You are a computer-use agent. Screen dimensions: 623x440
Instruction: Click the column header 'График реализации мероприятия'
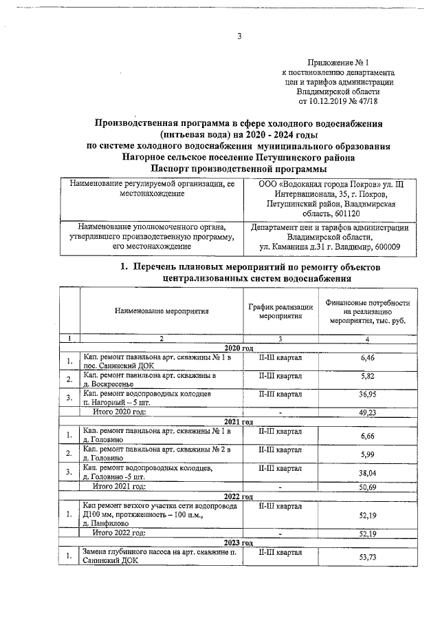[x=280, y=311]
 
